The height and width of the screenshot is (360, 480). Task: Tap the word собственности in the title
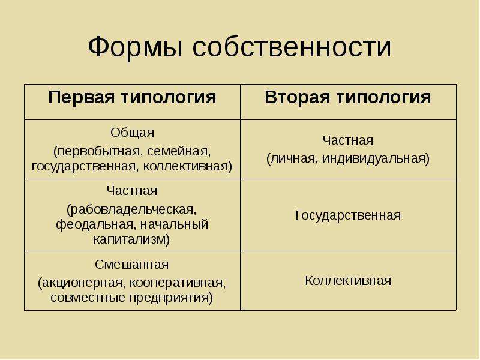292,47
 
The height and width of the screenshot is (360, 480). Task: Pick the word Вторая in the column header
298,97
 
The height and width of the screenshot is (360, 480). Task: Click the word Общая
132,133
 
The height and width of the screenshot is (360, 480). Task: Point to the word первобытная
98,151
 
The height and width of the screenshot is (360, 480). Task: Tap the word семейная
179,151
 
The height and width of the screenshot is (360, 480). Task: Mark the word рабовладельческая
131,209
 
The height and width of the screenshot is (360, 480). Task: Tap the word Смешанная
131,265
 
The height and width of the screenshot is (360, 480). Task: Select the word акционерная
80,283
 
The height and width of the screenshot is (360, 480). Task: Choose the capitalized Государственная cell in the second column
348,215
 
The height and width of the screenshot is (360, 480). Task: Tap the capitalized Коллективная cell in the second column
348,281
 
